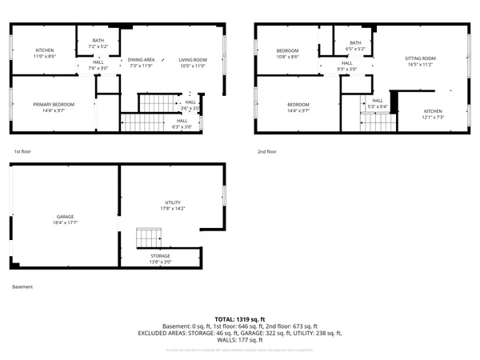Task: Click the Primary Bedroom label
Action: tap(53, 105)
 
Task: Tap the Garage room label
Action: tap(65, 216)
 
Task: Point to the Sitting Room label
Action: tap(420, 58)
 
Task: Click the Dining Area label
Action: tap(142, 60)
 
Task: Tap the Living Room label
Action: tap(192, 60)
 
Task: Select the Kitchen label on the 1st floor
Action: tap(45, 50)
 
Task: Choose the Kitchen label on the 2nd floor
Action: tap(433, 111)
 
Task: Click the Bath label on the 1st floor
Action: tap(98, 41)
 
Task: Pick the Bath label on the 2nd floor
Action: tap(355, 43)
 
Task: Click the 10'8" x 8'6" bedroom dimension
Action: tap(288, 57)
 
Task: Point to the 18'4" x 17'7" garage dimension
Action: tap(65, 222)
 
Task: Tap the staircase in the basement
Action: tap(148, 238)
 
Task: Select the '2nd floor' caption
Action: tap(268, 151)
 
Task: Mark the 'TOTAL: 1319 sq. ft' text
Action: tap(239, 319)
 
